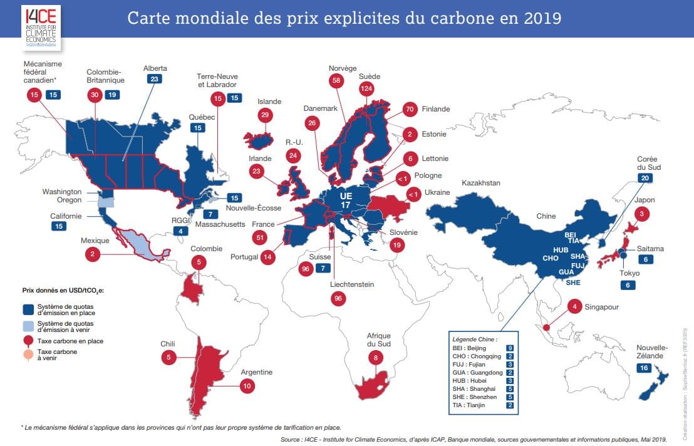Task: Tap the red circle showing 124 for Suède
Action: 366,90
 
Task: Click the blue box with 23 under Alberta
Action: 155,80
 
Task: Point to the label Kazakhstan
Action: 481,183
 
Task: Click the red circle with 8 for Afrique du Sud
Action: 376,358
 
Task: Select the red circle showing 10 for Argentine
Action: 247,386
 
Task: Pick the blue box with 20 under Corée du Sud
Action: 645,178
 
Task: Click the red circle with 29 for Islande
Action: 265,115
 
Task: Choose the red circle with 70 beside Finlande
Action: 411,109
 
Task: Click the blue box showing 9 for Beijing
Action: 511,348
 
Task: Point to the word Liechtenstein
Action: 352,284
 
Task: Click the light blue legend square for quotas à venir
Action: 28,325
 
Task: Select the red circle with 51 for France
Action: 261,237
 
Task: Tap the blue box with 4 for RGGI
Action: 181,231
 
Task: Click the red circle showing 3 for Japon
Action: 641,214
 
